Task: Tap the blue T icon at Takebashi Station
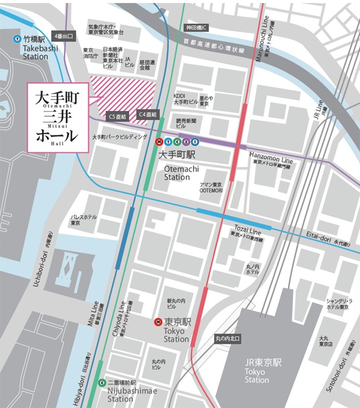(16, 40)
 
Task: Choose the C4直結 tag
(147, 113)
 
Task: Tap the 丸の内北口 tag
(227, 339)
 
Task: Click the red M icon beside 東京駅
(158, 321)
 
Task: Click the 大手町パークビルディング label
(119, 137)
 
